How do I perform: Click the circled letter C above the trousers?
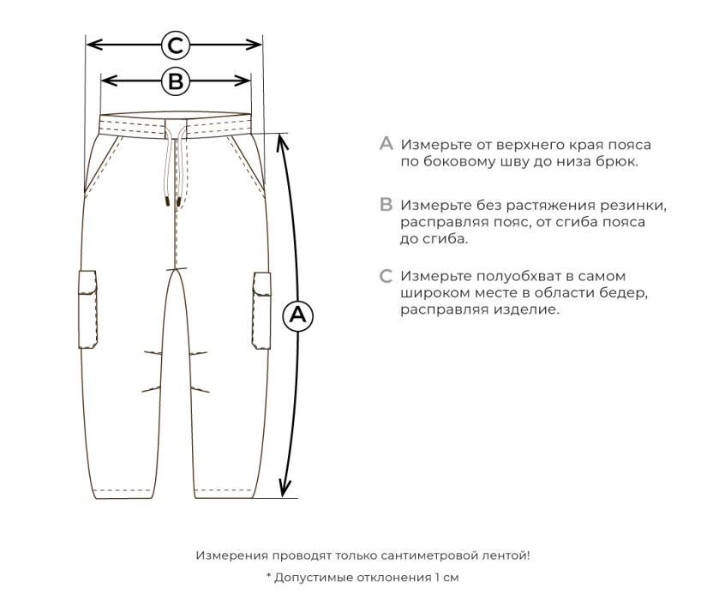coord(175,45)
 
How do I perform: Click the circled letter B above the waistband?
coord(175,81)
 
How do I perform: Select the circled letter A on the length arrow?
coord(297,315)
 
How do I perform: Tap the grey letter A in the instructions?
coord(386,144)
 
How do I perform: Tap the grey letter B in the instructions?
coord(386,205)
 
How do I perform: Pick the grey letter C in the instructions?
coord(386,276)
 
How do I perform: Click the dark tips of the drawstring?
coord(168,202)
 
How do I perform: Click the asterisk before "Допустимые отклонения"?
coord(268,577)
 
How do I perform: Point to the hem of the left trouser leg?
coord(125,493)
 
